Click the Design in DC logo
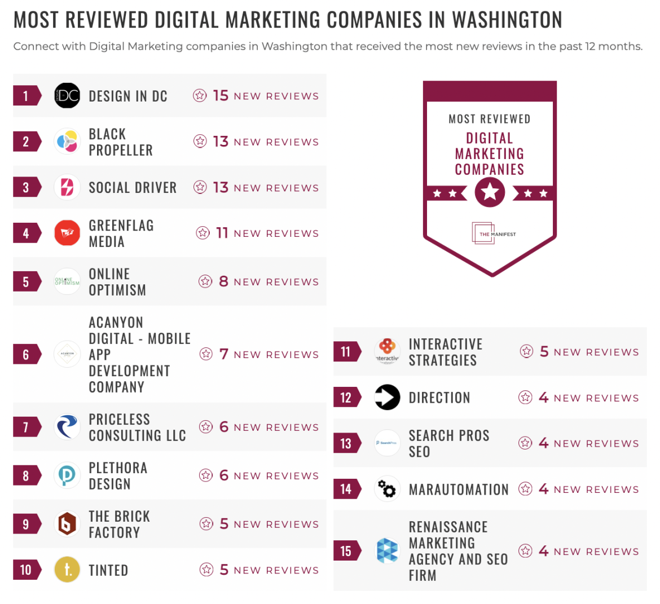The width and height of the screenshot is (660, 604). pos(67,96)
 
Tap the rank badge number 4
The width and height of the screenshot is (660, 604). pos(26,233)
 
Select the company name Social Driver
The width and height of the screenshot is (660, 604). pos(133,188)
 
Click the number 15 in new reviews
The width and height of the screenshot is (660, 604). pos(221,96)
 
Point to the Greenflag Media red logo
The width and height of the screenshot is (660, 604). pos(67,233)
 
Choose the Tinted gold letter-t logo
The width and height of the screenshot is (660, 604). pos(67,570)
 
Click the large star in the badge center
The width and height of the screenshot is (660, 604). pos(490,192)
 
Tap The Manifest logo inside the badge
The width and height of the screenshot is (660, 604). pos(493,233)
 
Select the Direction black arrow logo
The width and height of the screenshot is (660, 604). pos(388,398)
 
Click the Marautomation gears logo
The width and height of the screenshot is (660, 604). pos(388,489)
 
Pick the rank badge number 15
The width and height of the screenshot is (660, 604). pos(346,551)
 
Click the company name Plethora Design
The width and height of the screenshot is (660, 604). pos(118,476)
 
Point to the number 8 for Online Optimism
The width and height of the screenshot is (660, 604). pos(223,281)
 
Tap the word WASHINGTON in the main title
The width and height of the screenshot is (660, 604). pos(507,20)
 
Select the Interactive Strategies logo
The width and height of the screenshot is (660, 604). pos(388,351)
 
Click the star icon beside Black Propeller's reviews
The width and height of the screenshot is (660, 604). pos(200,142)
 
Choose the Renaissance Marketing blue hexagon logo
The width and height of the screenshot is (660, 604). pos(388,551)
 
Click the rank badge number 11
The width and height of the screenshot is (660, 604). pos(346,352)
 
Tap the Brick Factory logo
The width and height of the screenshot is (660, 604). pos(67,524)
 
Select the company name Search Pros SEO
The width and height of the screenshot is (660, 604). pos(448,443)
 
